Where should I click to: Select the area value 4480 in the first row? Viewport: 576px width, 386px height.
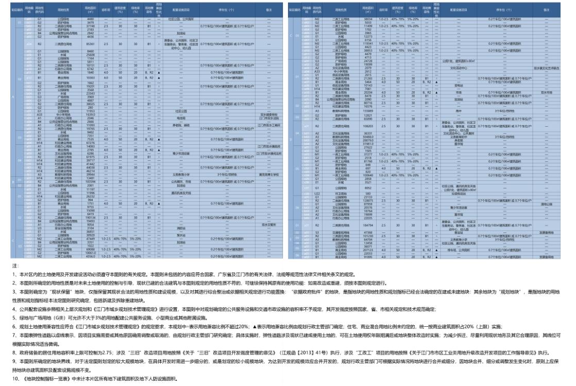[91, 19]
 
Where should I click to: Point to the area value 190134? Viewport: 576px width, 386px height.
[91, 219]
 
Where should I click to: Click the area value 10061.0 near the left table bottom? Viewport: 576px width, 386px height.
[91, 253]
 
